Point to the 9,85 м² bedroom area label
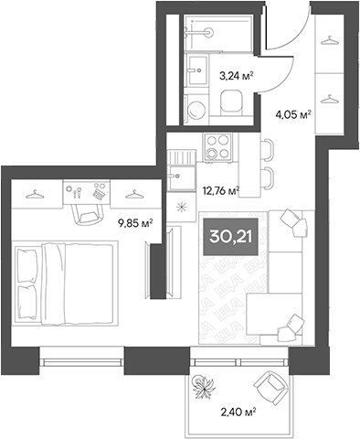[133, 220]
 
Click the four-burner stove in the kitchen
[217, 145]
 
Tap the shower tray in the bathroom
[208, 30]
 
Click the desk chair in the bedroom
[84, 211]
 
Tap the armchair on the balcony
[270, 388]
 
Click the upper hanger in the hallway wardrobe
[327, 39]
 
